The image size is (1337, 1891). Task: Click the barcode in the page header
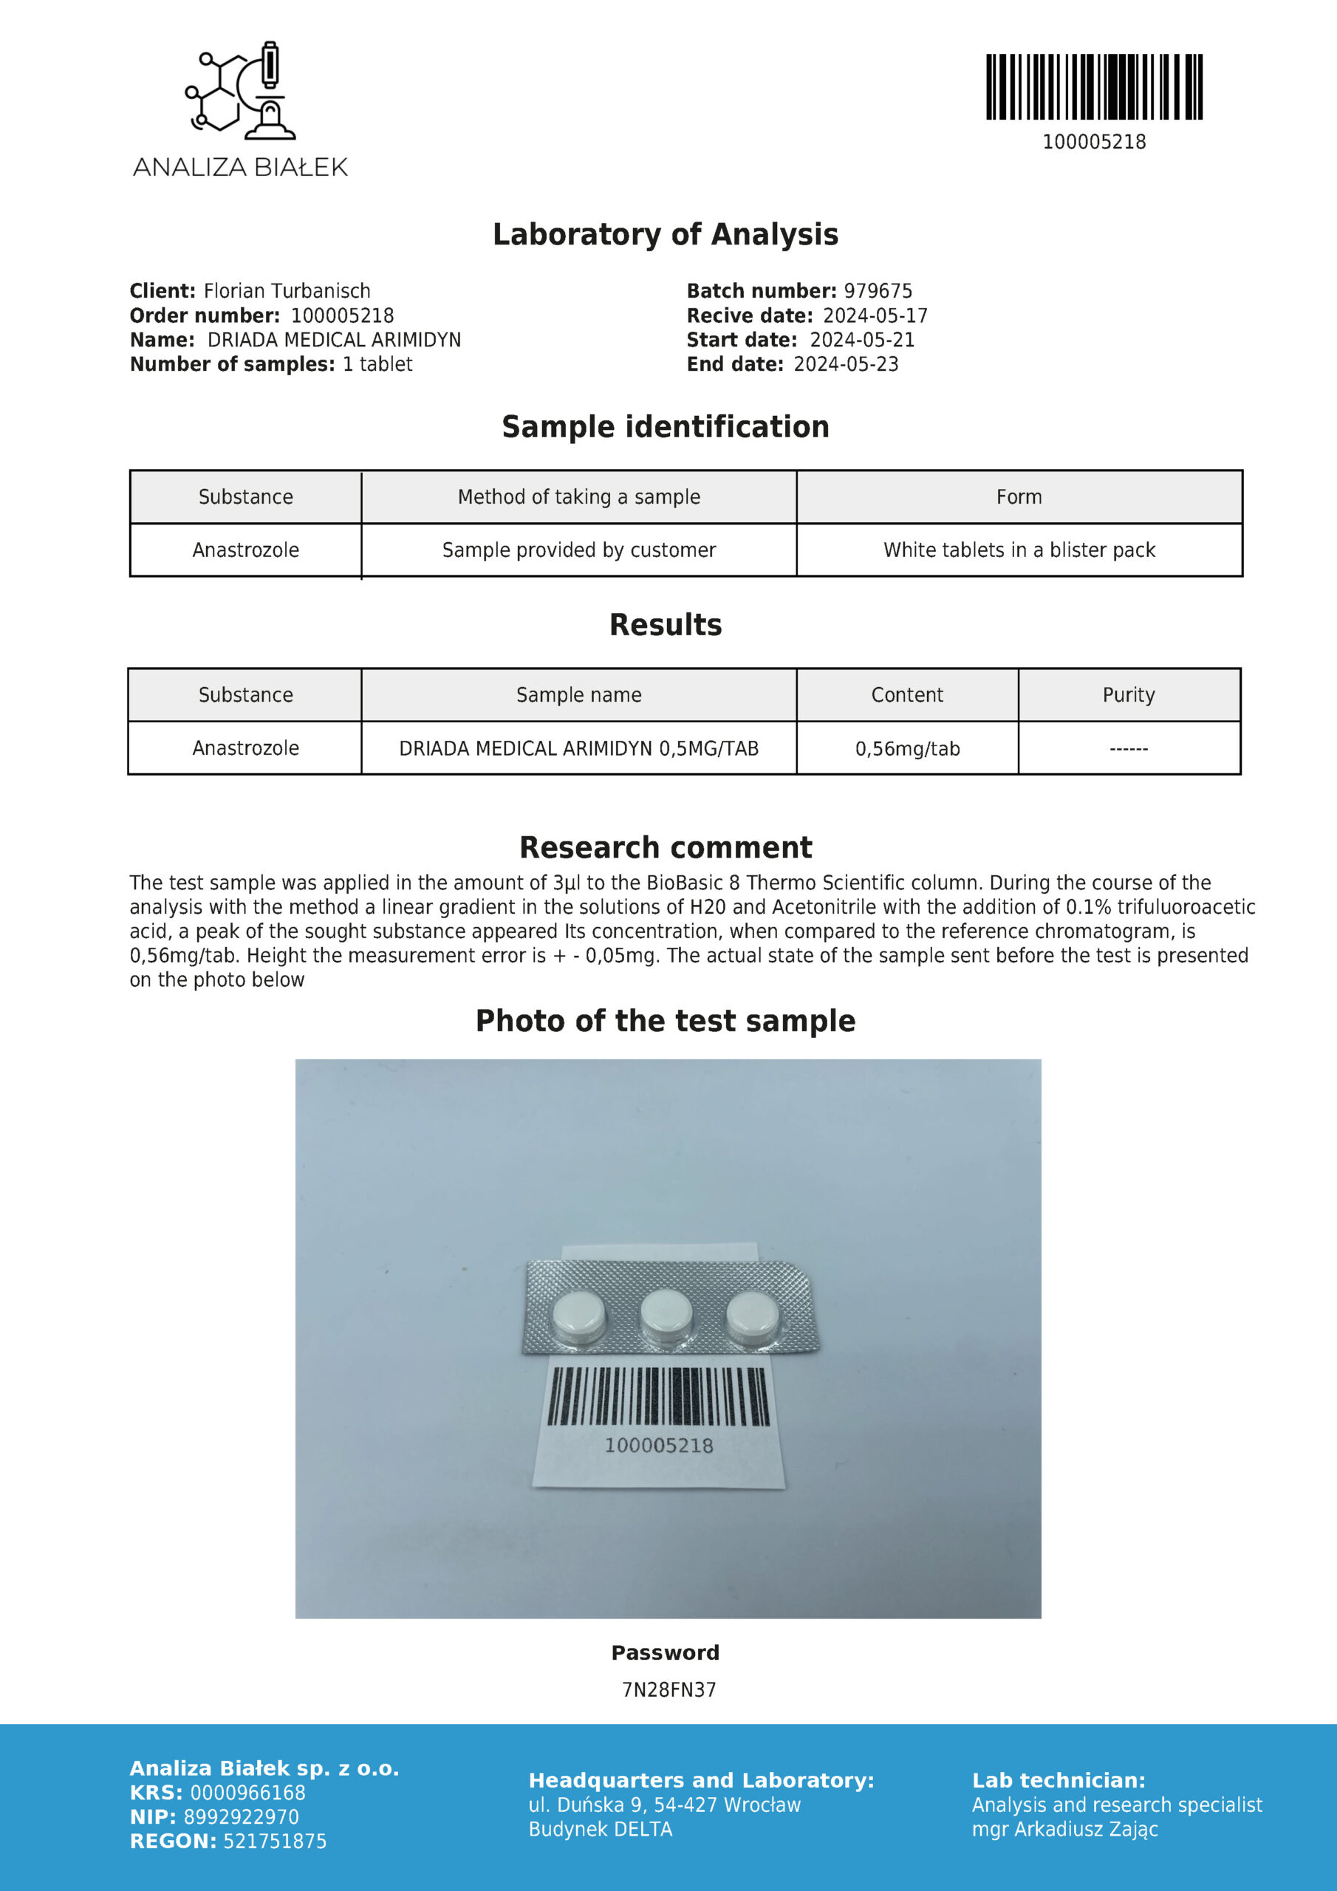tap(1094, 86)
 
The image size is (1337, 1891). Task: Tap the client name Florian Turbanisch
tap(287, 291)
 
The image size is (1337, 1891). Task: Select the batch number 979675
tap(878, 291)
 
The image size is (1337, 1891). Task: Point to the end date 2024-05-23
tap(845, 364)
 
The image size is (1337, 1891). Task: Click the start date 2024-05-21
tap(862, 340)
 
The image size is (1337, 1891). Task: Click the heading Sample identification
tap(666, 427)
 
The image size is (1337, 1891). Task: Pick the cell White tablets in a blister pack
tap(1019, 550)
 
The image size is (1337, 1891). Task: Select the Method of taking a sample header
tap(578, 496)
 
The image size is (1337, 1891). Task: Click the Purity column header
tap(1129, 695)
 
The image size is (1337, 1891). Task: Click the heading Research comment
tap(666, 847)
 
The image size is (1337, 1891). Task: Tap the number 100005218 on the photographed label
tap(659, 1446)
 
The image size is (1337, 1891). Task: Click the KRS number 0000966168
tap(247, 1793)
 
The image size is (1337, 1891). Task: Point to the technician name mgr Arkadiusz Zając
tap(1064, 1829)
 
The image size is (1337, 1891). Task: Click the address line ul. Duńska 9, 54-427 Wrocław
tap(664, 1805)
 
